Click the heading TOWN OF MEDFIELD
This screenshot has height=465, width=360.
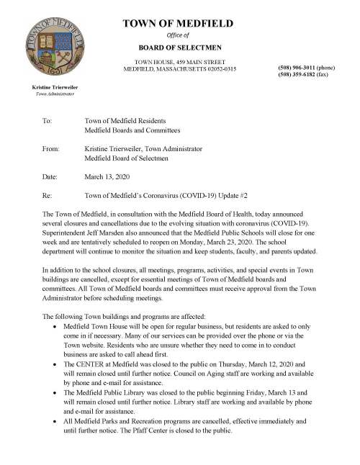(178, 24)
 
